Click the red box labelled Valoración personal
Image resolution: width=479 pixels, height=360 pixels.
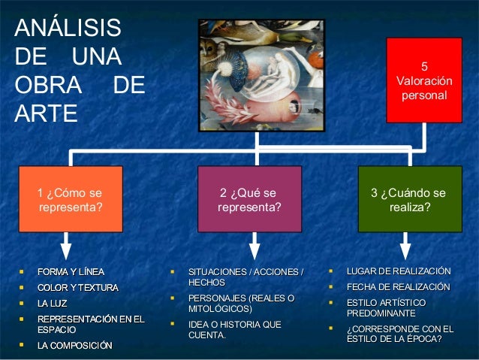tap(424, 80)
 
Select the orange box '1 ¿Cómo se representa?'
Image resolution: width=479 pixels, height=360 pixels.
tap(70, 199)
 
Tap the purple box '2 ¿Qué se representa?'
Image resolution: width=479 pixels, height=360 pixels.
tap(249, 199)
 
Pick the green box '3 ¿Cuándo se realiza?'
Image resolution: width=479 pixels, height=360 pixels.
tap(408, 199)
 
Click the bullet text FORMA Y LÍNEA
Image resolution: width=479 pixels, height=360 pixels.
tap(71, 271)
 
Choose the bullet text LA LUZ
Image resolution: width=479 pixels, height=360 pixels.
tap(53, 304)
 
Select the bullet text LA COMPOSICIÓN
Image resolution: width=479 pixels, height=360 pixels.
tap(75, 346)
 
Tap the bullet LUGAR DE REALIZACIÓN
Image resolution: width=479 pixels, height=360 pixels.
tap(398, 271)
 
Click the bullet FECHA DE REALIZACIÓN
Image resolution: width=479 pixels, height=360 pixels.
tap(398, 287)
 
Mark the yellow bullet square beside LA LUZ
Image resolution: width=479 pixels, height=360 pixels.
tap(22, 304)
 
